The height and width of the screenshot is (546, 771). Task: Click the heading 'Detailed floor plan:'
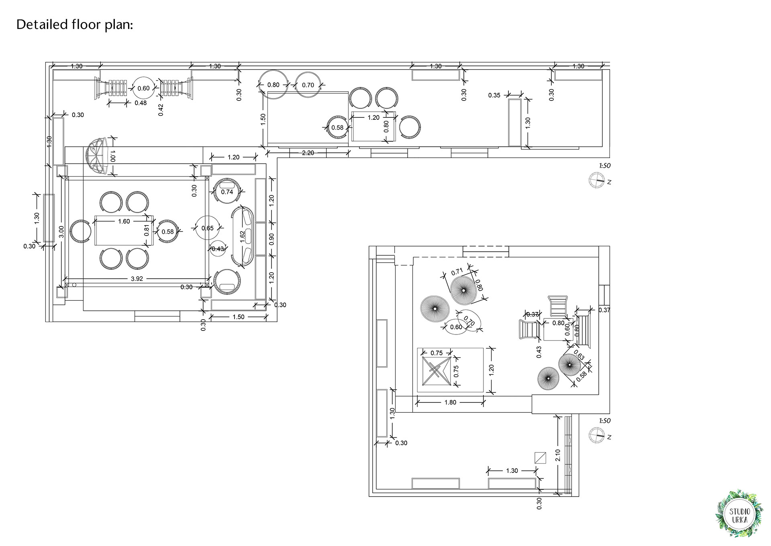pyautogui.click(x=75, y=25)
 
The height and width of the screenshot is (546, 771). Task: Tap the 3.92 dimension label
pyautogui.click(x=137, y=279)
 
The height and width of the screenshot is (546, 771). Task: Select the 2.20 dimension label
pyautogui.click(x=308, y=153)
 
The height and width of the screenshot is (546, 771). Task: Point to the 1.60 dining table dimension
pyautogui.click(x=124, y=221)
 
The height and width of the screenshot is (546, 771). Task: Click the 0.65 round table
pyautogui.click(x=207, y=228)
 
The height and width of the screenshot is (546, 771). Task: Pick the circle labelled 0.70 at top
pyautogui.click(x=308, y=85)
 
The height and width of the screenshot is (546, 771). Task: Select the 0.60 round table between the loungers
pyautogui.click(x=143, y=88)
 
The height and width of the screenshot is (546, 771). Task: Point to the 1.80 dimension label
pyautogui.click(x=450, y=402)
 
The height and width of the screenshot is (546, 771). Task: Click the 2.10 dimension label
pyautogui.click(x=557, y=455)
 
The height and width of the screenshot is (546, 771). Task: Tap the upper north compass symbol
pyautogui.click(x=596, y=180)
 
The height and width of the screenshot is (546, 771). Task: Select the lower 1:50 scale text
pyautogui.click(x=604, y=421)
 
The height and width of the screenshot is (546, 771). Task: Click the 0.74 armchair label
pyautogui.click(x=227, y=192)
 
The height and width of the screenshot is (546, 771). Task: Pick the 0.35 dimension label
pyautogui.click(x=494, y=95)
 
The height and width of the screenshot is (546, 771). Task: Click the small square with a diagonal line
pyautogui.click(x=540, y=458)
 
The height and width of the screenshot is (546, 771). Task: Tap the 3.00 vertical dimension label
pyautogui.click(x=61, y=231)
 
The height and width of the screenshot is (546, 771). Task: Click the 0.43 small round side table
pyautogui.click(x=218, y=249)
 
